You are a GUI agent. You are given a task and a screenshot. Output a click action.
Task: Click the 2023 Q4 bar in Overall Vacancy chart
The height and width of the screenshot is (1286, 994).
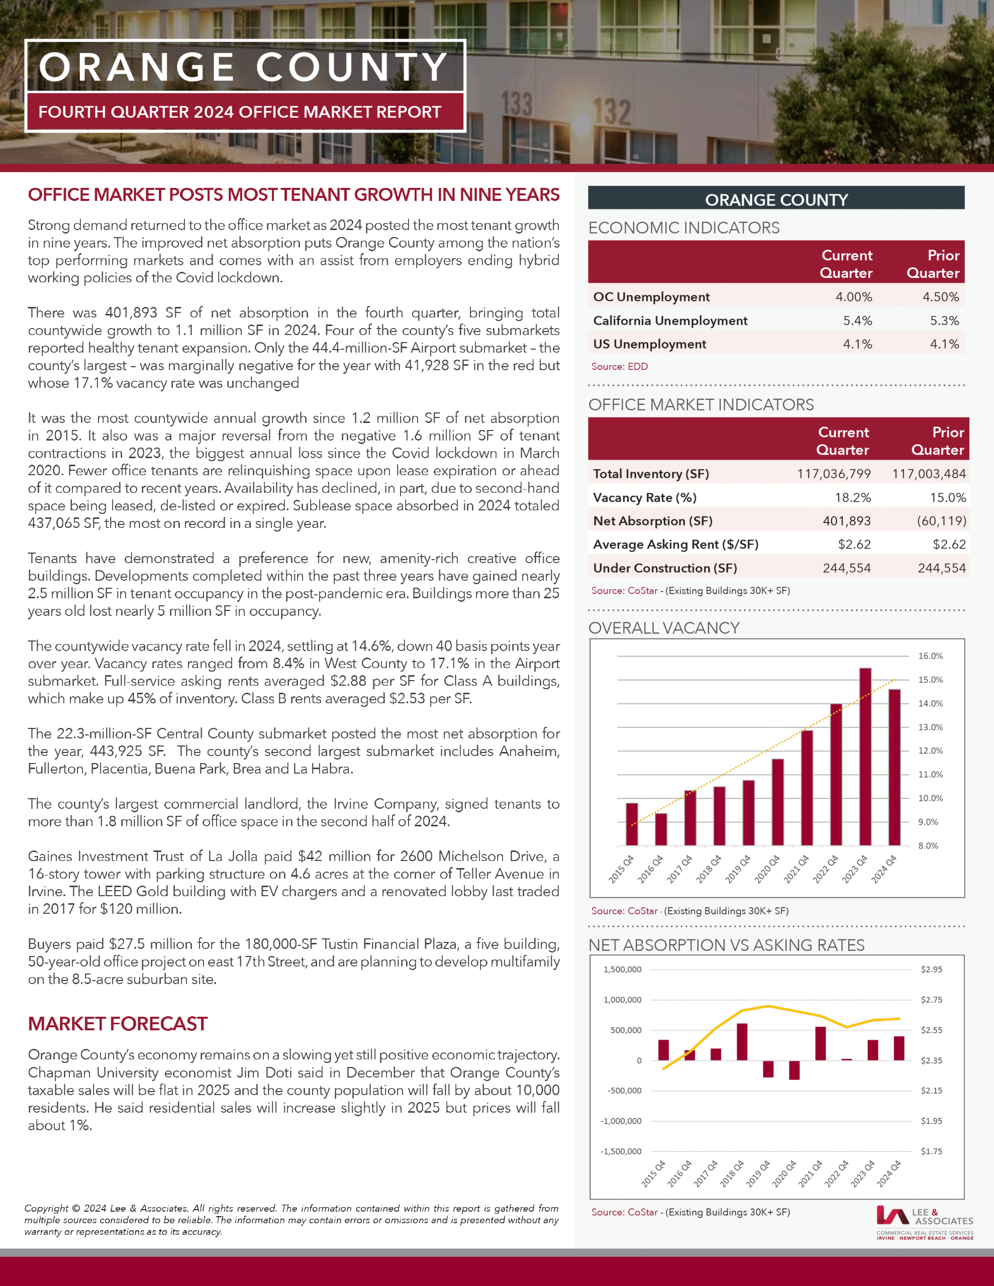point(865,757)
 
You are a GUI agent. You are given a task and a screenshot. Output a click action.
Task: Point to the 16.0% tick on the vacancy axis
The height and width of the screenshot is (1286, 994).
point(930,656)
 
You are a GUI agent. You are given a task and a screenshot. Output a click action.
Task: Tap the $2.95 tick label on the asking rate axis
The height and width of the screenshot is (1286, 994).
point(931,969)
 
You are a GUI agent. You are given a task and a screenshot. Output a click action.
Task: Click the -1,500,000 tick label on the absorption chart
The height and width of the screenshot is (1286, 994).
point(621,1151)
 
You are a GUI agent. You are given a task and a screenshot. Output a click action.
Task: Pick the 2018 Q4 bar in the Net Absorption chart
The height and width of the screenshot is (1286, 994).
point(742,1042)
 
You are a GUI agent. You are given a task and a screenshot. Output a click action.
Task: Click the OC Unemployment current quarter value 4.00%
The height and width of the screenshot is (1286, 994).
point(853,297)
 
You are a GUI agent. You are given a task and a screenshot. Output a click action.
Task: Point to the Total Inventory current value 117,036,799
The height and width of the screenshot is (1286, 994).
point(833,474)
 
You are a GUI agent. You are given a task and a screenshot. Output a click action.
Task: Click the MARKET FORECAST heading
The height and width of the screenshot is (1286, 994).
point(117,1023)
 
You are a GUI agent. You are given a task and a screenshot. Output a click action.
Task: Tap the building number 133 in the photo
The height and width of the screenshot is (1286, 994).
point(516,104)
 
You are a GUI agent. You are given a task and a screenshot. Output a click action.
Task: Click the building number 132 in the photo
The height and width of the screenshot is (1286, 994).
point(611,112)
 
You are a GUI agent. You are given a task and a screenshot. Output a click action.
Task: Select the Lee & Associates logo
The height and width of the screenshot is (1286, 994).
point(924,1222)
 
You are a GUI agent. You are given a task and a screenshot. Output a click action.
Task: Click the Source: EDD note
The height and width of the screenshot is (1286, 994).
point(619,366)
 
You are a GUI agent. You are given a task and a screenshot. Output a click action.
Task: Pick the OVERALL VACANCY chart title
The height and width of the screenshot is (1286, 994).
point(663,628)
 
